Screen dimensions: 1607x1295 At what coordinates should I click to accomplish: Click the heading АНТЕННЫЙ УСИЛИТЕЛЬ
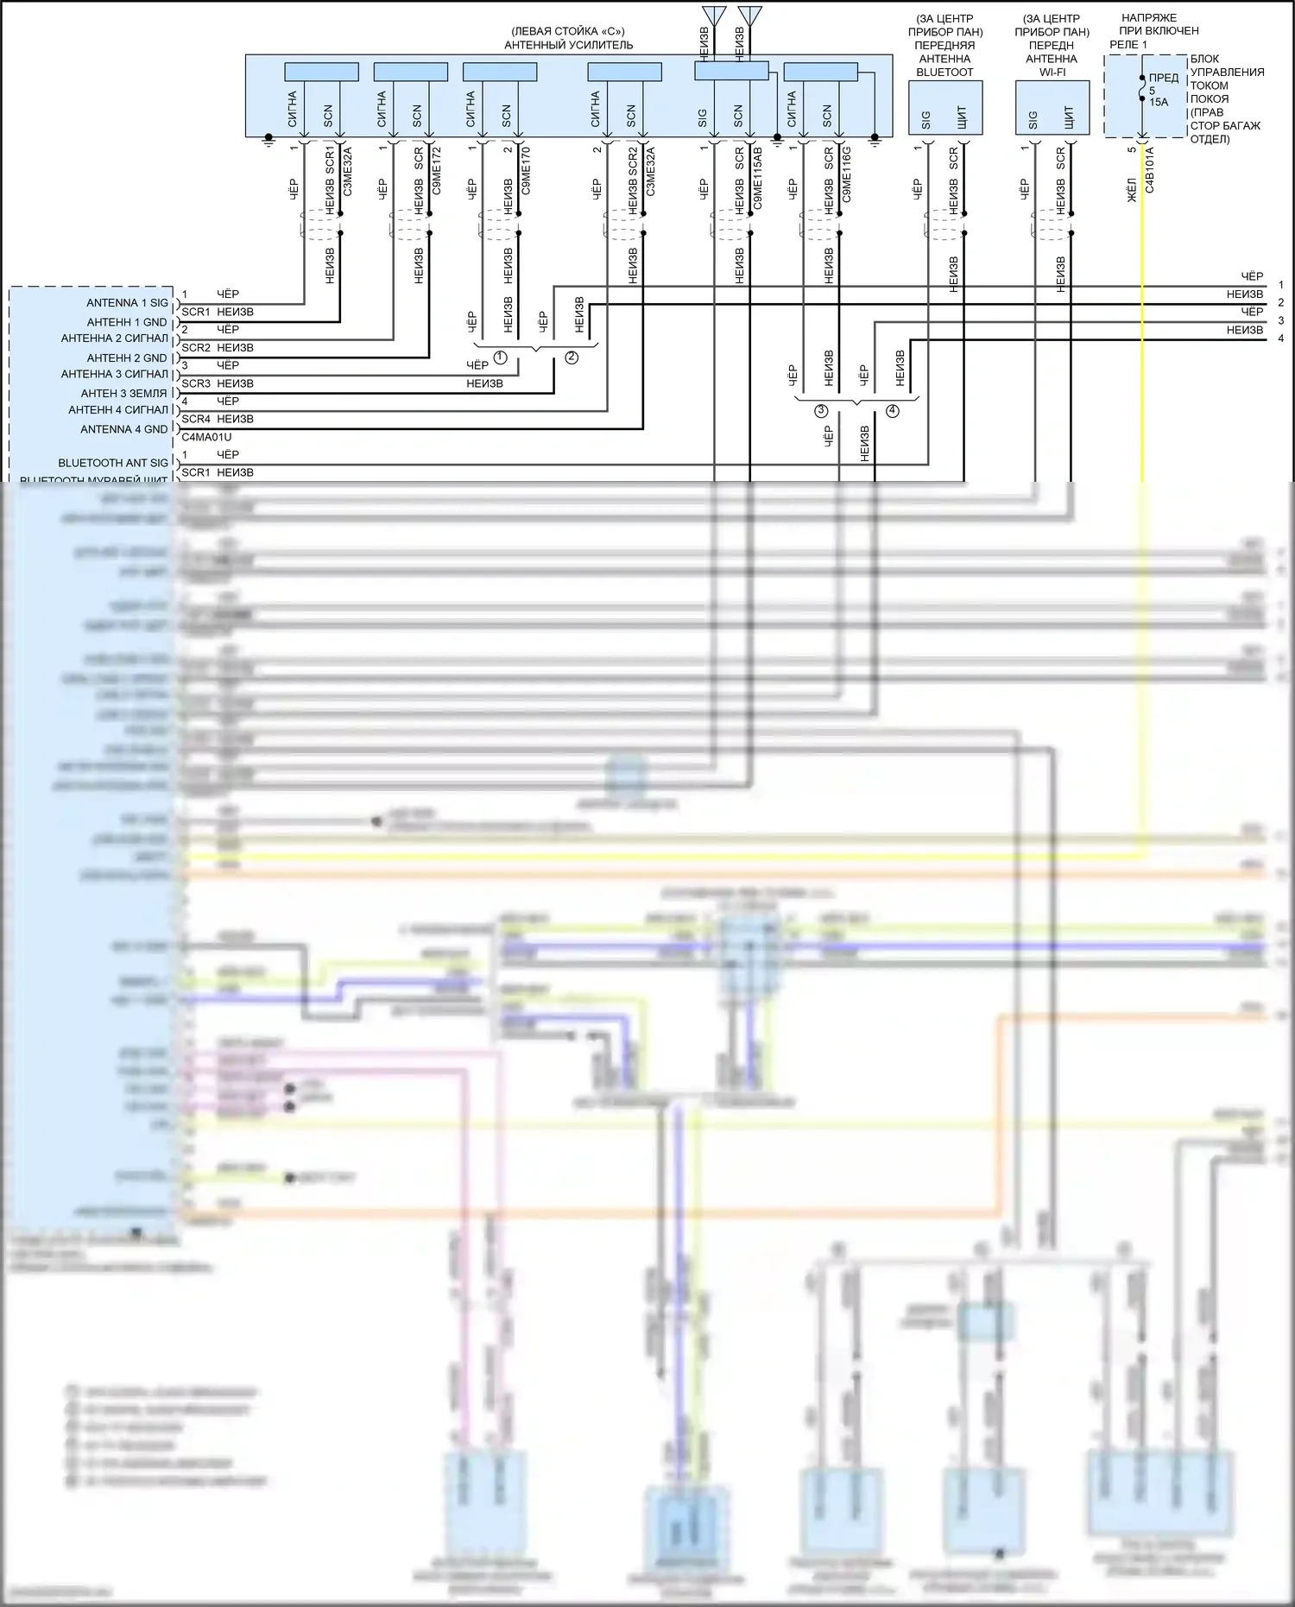pyautogui.click(x=568, y=45)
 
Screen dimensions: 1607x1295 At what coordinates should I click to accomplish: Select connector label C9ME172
pyautogui.click(x=437, y=171)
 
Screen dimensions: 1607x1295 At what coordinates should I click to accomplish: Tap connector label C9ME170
pyautogui.click(x=526, y=171)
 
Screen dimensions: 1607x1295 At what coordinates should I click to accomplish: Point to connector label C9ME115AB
pyautogui.click(x=757, y=179)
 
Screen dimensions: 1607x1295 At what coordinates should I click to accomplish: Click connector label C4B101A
pyautogui.click(x=1149, y=170)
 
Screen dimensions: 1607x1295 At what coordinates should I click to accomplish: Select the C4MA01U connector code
pyautogui.click(x=206, y=437)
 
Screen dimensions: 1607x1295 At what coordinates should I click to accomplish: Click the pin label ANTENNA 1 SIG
pyautogui.click(x=127, y=303)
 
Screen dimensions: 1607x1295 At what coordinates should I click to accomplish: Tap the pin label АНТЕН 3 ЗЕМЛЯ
pyautogui.click(x=124, y=393)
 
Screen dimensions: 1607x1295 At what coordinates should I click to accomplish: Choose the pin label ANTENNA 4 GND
pyautogui.click(x=124, y=429)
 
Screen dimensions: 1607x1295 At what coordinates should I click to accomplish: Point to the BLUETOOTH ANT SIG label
pyautogui.click(x=113, y=463)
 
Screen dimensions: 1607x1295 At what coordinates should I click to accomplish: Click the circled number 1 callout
pyautogui.click(x=500, y=357)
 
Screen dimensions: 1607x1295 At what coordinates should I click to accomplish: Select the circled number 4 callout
pyautogui.click(x=892, y=411)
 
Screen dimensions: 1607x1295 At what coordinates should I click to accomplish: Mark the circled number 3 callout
pyautogui.click(x=821, y=411)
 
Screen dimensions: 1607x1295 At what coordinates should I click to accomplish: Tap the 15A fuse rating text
pyautogui.click(x=1159, y=102)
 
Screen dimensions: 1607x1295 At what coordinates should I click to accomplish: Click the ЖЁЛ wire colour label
pyautogui.click(x=1132, y=190)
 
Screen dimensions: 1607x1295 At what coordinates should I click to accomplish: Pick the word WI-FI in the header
pyautogui.click(x=1052, y=73)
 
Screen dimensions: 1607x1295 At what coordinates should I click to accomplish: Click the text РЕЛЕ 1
pyautogui.click(x=1128, y=44)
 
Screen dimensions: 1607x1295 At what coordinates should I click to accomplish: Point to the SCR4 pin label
pyautogui.click(x=196, y=419)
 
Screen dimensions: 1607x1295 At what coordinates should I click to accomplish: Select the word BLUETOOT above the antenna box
pyautogui.click(x=944, y=73)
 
